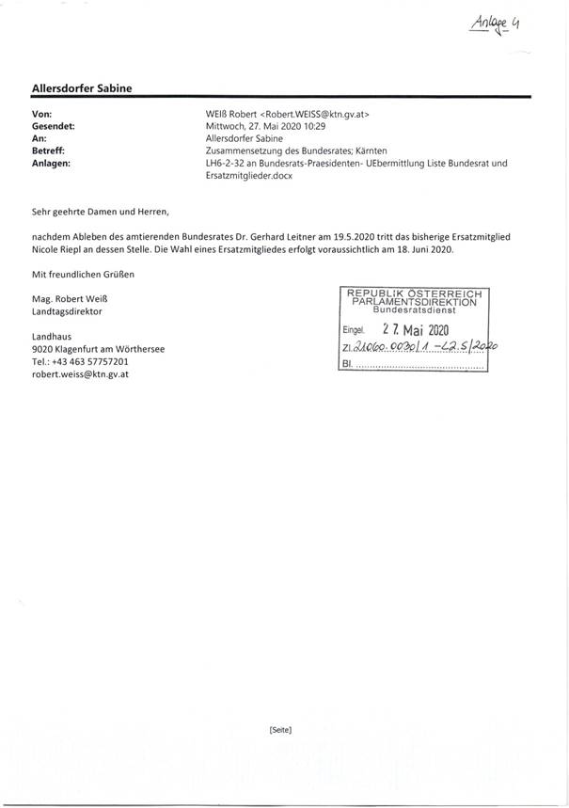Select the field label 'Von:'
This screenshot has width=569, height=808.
click(x=41, y=114)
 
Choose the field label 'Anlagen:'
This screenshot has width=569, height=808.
click(x=51, y=163)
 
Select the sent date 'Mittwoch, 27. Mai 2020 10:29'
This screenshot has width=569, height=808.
click(x=266, y=126)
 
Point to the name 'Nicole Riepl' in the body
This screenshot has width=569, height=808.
click(x=62, y=251)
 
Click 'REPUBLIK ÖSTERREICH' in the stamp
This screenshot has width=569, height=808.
click(x=414, y=293)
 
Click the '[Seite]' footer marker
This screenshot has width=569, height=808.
click(x=280, y=731)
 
